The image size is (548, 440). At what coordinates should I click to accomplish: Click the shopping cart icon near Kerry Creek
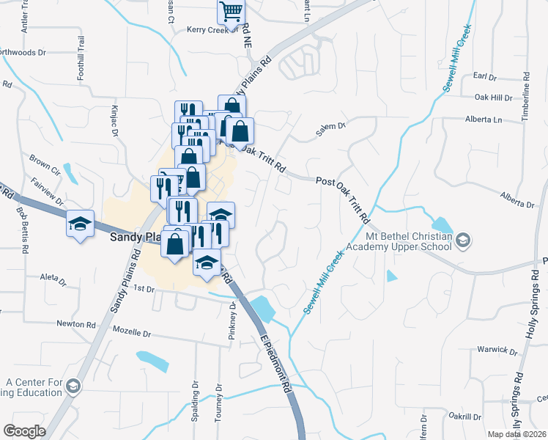231,12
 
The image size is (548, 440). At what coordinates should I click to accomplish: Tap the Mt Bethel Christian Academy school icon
463,240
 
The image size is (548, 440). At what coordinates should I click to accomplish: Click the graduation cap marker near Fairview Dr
80,223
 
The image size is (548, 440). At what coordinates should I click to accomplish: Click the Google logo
25,431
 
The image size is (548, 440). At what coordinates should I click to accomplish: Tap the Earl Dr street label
485,77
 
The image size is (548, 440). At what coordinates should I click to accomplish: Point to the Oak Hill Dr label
493,98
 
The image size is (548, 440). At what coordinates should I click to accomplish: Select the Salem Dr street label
330,127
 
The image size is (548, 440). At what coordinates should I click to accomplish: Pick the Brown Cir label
44,158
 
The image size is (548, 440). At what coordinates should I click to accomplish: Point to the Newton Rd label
76,324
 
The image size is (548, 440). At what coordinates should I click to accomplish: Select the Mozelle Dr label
132,333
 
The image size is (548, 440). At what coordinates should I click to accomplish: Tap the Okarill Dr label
464,416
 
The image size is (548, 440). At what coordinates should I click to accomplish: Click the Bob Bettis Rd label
22,230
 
